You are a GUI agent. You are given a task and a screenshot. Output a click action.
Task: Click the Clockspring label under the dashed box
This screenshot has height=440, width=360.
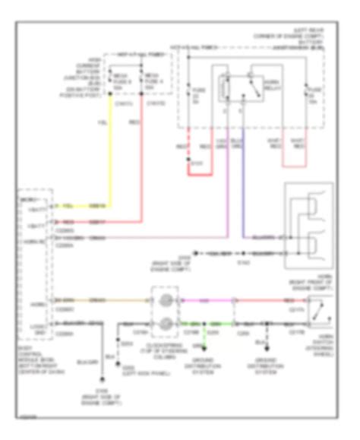(x=165, y=350)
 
